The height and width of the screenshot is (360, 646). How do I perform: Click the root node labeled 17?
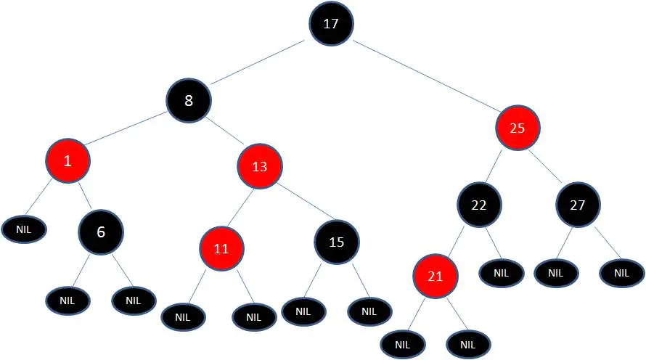(331, 23)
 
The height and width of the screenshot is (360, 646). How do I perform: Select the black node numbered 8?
(189, 100)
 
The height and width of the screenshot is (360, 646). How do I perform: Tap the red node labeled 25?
(518, 128)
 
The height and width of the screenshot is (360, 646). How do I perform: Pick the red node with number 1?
(68, 160)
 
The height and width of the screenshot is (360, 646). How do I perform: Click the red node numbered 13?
(260, 166)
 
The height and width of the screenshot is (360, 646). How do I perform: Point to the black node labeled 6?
(101, 232)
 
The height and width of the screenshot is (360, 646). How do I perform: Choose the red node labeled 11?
(221, 248)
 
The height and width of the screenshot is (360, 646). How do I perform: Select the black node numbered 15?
(337, 242)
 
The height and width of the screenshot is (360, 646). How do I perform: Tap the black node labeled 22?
(479, 205)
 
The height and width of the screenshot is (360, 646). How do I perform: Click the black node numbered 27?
(578, 205)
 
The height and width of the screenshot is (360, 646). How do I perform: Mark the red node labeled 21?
(436, 276)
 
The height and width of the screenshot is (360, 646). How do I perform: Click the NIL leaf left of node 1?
(24, 229)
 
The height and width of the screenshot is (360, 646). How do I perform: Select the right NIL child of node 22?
(502, 273)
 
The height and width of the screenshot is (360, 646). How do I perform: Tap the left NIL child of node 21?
(403, 344)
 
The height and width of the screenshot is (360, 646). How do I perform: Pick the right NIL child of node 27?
(622, 273)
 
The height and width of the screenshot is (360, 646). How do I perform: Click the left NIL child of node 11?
(184, 317)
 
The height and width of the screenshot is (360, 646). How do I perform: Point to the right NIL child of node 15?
(369, 312)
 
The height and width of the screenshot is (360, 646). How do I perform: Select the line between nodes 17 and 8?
(258, 62)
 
